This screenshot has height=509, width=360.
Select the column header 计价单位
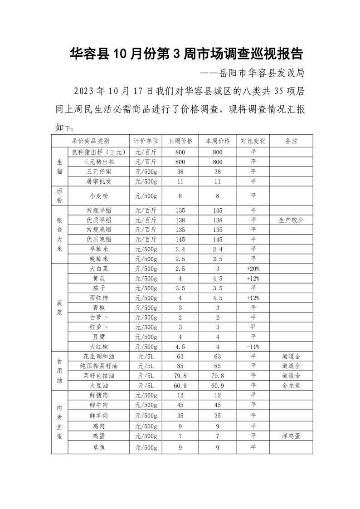pyautogui.click(x=146, y=141)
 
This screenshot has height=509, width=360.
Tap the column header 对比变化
pyautogui.click(x=253, y=141)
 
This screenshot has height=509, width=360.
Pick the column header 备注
pyautogui.click(x=291, y=141)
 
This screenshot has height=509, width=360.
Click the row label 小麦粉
pyautogui.click(x=99, y=196)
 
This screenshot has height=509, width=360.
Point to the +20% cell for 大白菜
pyautogui.click(x=253, y=269)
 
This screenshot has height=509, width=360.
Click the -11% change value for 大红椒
pyautogui.click(x=253, y=347)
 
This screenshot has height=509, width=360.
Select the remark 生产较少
pyautogui.click(x=291, y=220)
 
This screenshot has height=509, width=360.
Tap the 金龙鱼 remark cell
pyautogui.click(x=291, y=386)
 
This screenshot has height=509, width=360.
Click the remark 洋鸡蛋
pyautogui.click(x=291, y=436)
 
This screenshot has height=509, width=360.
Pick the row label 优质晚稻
pyautogui.click(x=99, y=239)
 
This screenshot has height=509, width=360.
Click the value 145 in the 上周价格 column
pyautogui.click(x=180, y=239)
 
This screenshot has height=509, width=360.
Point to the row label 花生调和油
pyautogui.click(x=99, y=357)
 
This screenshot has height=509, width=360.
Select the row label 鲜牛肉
pyautogui.click(x=99, y=405)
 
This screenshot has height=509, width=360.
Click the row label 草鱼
pyautogui.click(x=99, y=448)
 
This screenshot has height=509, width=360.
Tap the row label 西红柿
pyautogui.click(x=99, y=298)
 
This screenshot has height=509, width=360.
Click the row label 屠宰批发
pyautogui.click(x=99, y=181)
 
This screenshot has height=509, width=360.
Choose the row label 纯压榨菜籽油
pyautogui.click(x=99, y=366)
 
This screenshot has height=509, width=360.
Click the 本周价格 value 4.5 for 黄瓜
pyautogui.click(x=218, y=278)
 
